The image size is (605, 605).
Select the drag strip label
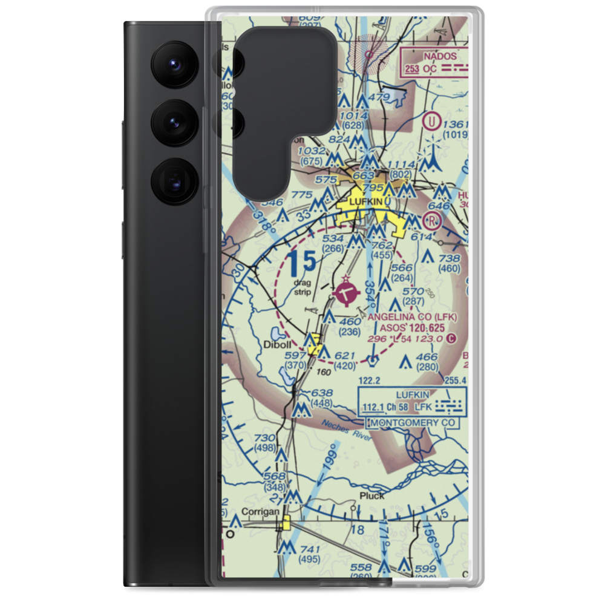(302, 287)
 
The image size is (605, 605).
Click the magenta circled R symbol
(432, 220)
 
